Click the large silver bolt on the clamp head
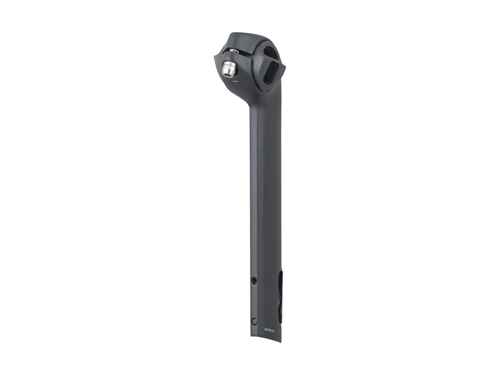tap(231, 66)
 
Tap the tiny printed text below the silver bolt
tap(234, 81)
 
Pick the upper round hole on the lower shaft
tap(254, 281)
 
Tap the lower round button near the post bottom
tap(254, 319)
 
